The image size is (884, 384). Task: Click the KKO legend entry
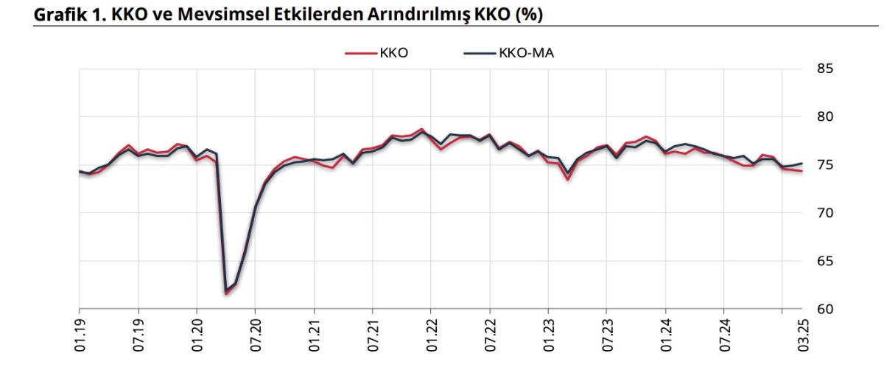[x=378, y=52]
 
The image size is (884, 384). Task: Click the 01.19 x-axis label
[x=80, y=336]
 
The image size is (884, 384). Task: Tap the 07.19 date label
[x=138, y=336]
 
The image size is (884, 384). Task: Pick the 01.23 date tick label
[x=548, y=336]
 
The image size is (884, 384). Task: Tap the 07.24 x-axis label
[x=724, y=336]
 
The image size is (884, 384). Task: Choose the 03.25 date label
[x=801, y=336]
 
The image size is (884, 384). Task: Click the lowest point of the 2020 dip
[x=225, y=293]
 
